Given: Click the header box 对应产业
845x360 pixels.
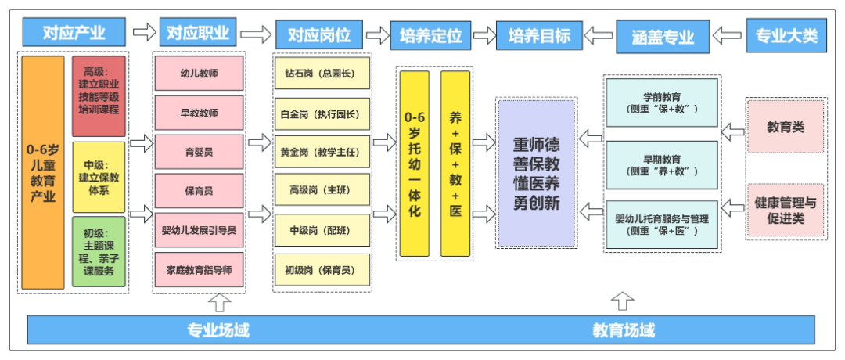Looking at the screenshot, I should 74,33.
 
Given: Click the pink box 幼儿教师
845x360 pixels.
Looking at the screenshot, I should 199,74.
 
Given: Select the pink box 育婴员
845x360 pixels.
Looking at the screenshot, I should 199,152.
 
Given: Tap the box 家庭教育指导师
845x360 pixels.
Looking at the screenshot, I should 199,270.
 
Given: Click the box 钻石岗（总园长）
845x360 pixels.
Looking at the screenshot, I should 321,74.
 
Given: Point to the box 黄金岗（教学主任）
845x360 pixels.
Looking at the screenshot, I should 321,152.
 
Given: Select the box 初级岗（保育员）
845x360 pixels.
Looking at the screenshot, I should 321,270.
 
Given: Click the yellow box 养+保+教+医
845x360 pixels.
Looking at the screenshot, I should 455,164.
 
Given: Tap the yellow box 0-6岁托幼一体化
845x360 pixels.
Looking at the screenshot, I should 414,164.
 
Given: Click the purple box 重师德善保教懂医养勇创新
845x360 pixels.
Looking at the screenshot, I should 536,175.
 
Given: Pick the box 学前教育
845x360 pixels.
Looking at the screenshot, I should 662,102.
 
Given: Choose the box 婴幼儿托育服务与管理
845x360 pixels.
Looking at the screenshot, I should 662,225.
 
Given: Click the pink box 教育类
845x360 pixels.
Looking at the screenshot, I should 786,127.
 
